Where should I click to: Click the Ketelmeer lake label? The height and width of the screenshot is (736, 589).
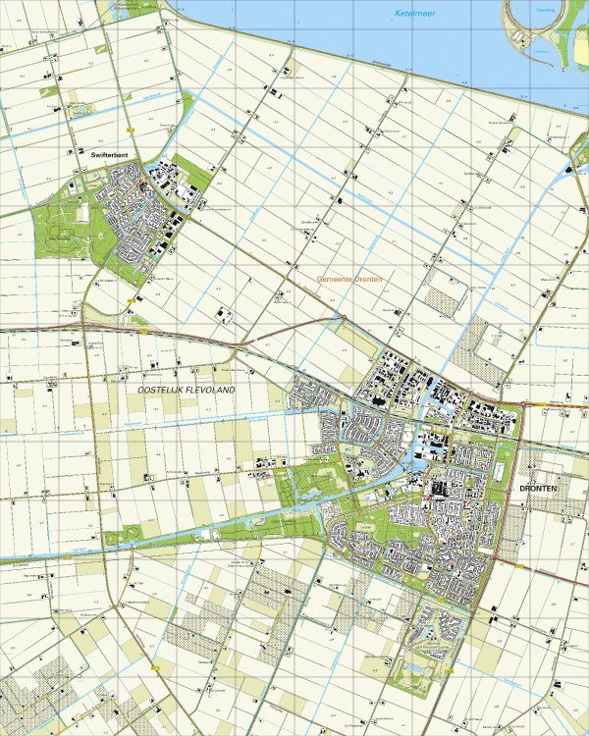pyautogui.click(x=415, y=13)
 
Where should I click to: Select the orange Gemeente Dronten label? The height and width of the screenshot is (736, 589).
pyautogui.click(x=348, y=280)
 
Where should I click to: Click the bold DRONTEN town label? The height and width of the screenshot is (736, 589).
pyautogui.click(x=539, y=488)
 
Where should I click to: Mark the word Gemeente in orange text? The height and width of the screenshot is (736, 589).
pyautogui.click(x=334, y=280)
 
